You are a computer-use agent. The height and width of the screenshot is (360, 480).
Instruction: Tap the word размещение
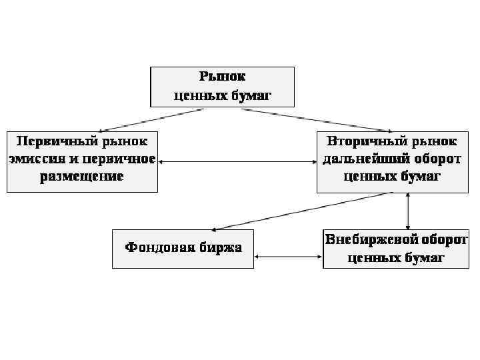81,177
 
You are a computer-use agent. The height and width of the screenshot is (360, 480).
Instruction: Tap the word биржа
220,248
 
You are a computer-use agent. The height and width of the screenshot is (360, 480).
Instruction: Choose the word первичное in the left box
121,159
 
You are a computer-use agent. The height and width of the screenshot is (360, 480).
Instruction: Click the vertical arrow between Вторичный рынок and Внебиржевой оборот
407,211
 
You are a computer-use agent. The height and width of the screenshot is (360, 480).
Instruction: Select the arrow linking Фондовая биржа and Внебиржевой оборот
288,256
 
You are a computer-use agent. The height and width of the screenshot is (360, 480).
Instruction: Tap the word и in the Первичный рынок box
77,159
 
